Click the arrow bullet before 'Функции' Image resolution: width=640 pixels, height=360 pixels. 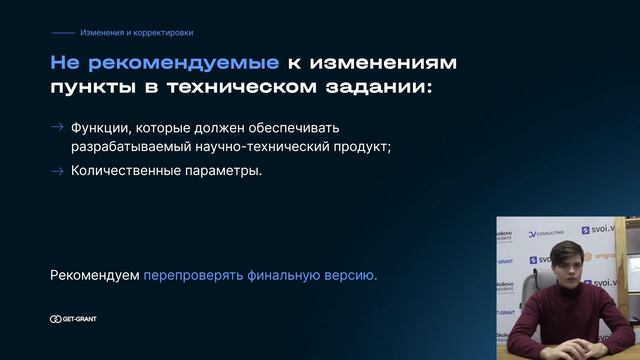(x=57, y=127)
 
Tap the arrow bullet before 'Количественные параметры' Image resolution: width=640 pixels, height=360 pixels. (x=57, y=170)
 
